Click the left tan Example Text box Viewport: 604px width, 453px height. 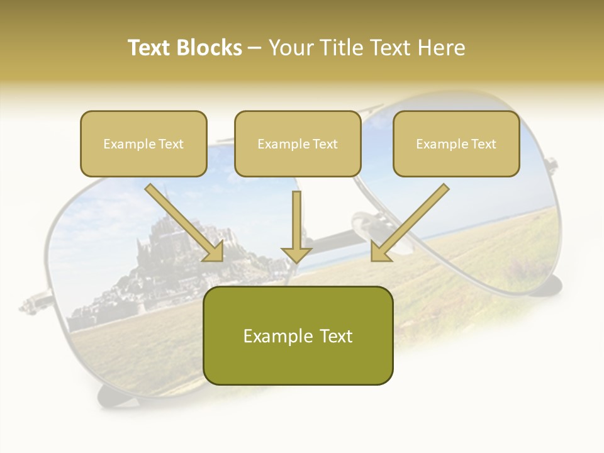(x=143, y=144)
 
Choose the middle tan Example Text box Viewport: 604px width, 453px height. (x=298, y=144)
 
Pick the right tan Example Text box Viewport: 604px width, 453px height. (x=456, y=144)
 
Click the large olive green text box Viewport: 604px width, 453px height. (x=298, y=336)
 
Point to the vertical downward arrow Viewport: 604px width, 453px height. (x=296, y=226)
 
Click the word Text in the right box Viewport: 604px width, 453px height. (x=483, y=144)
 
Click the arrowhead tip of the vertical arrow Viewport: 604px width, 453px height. (x=296, y=261)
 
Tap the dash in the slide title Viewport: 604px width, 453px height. (x=255, y=48)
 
